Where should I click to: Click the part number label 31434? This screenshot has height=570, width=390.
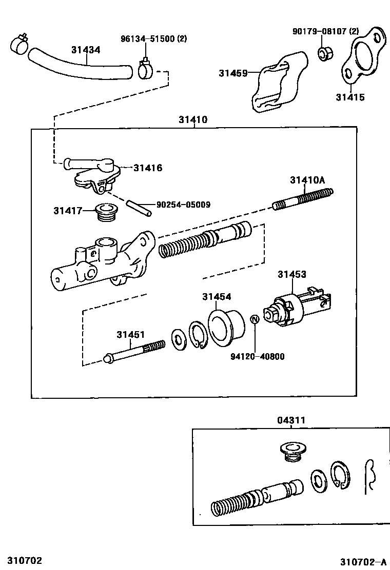click(86, 50)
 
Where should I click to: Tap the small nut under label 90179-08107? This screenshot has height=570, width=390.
click(324, 53)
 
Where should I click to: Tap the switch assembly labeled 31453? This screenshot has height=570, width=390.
click(298, 308)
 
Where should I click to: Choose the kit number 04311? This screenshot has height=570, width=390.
click(291, 420)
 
